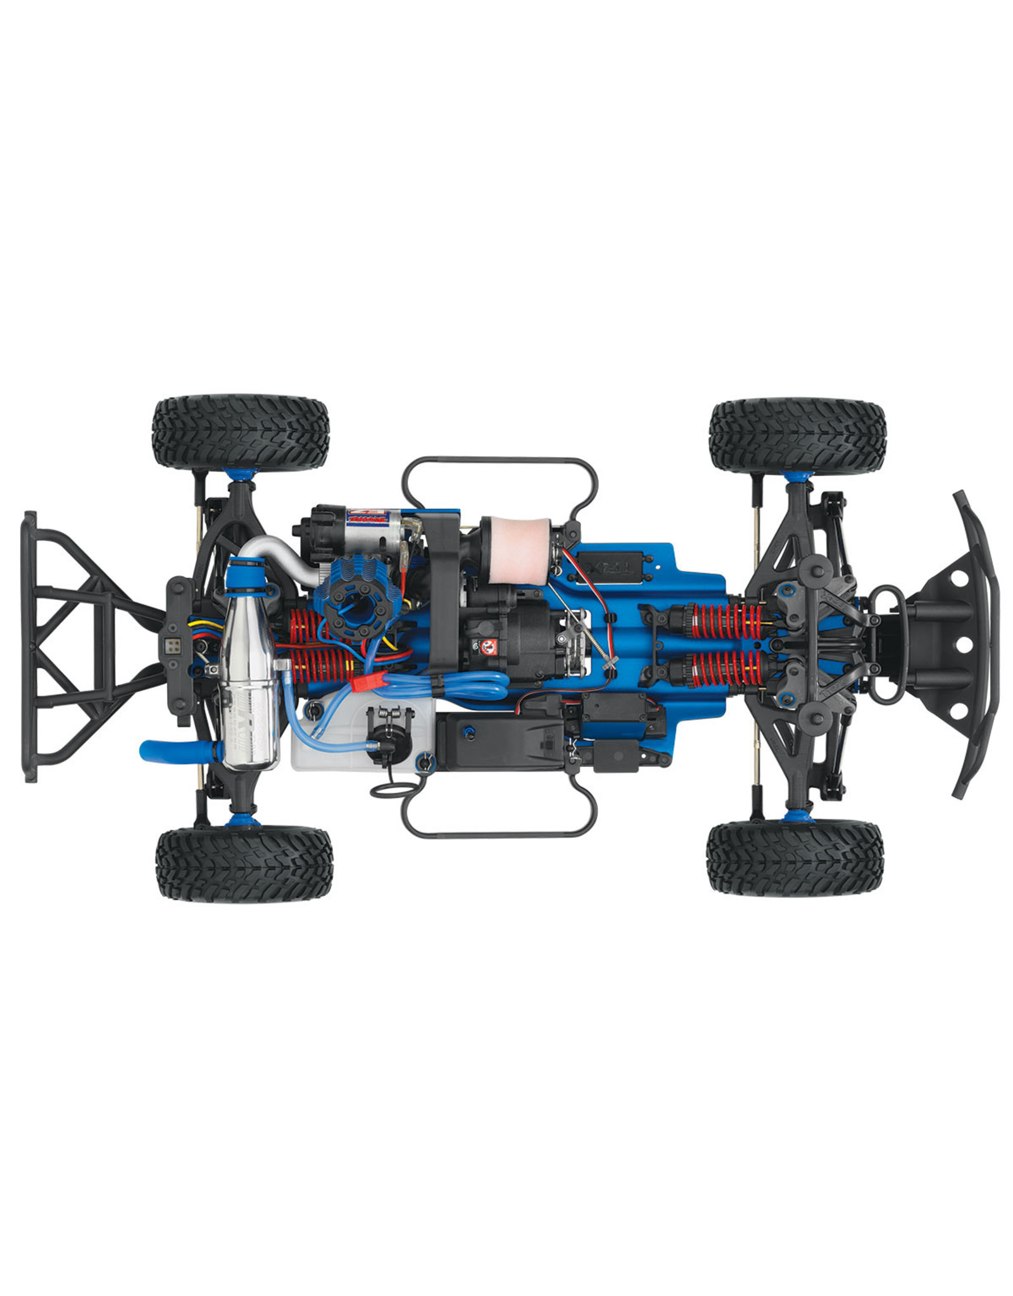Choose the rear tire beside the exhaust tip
pyautogui.click(x=244, y=864)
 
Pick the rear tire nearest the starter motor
pyautogui.click(x=241, y=433)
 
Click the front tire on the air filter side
pyautogui.click(x=796, y=435)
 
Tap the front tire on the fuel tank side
pyautogui.click(x=794, y=858)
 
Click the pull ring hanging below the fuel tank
pyautogui.click(x=387, y=790)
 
